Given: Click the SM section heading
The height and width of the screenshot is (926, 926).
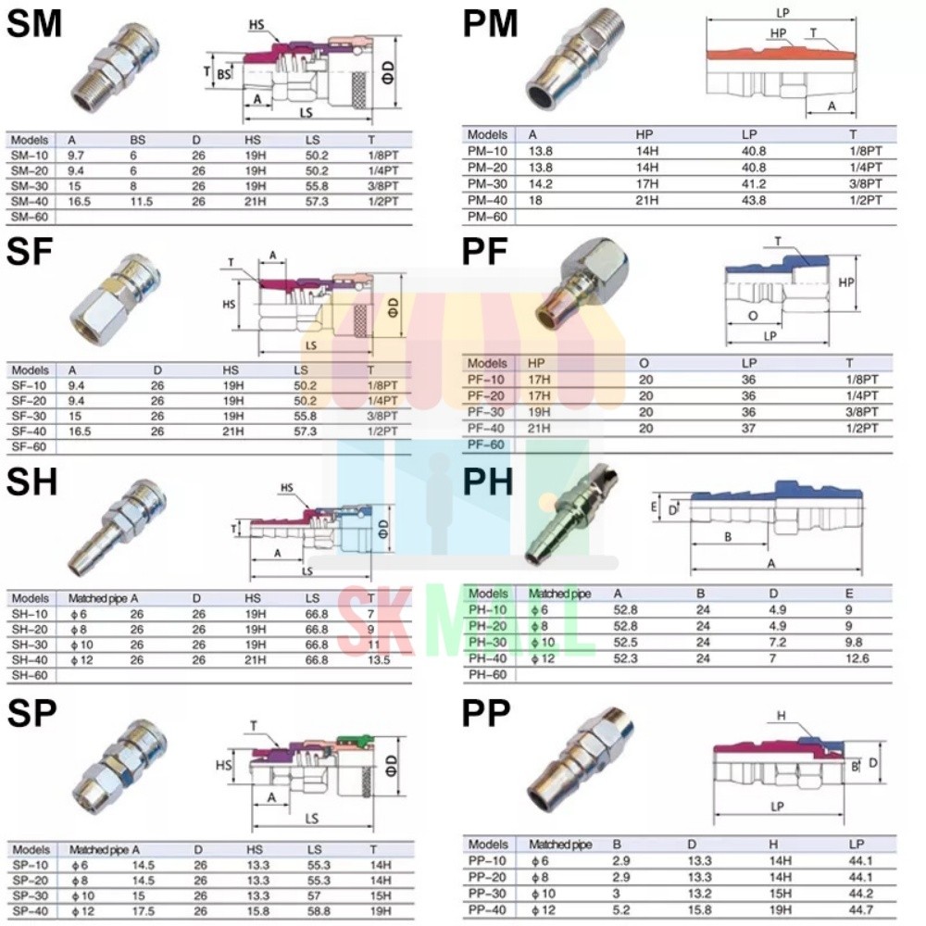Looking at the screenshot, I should click(34, 24).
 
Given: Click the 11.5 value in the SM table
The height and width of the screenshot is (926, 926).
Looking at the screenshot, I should click(141, 201).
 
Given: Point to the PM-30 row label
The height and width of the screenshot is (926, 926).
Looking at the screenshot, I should click(488, 184).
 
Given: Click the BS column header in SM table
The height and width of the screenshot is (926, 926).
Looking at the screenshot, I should click(138, 140).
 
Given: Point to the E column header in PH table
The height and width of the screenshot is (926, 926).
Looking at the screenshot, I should click(852, 594).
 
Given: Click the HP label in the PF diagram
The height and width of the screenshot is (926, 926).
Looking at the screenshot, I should click(846, 282).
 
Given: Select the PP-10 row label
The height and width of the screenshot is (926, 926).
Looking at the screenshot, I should click(488, 861).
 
